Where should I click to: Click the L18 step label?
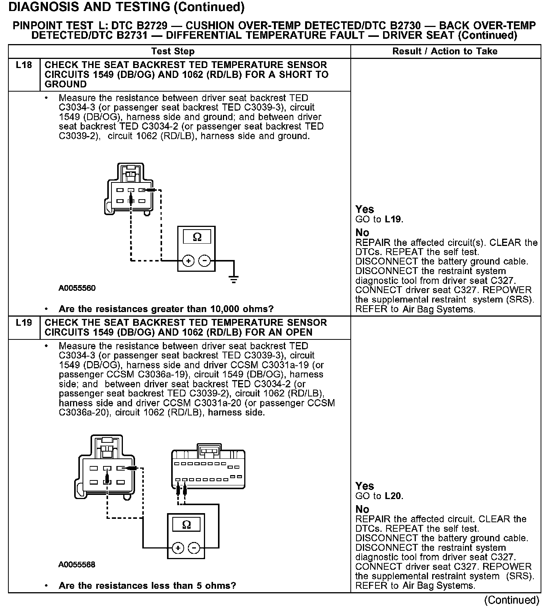pos(24,65)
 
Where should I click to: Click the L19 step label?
pos(24,323)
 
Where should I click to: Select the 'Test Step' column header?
pos(173,51)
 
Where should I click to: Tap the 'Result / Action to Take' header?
pos(445,51)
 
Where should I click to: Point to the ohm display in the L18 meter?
pos(197,237)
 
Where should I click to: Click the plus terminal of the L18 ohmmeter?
pos(188,261)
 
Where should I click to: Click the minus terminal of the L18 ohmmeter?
pos(205,261)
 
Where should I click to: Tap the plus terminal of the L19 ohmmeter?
pos(178,548)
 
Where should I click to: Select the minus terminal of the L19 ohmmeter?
pos(194,548)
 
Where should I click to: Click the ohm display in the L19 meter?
pos(186,525)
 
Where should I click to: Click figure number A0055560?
pos(77,288)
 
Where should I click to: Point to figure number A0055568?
pos(77,564)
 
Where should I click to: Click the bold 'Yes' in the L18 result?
pos(364,209)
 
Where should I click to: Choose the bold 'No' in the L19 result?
pos(362,509)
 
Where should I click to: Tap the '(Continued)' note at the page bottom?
pos(512,600)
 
